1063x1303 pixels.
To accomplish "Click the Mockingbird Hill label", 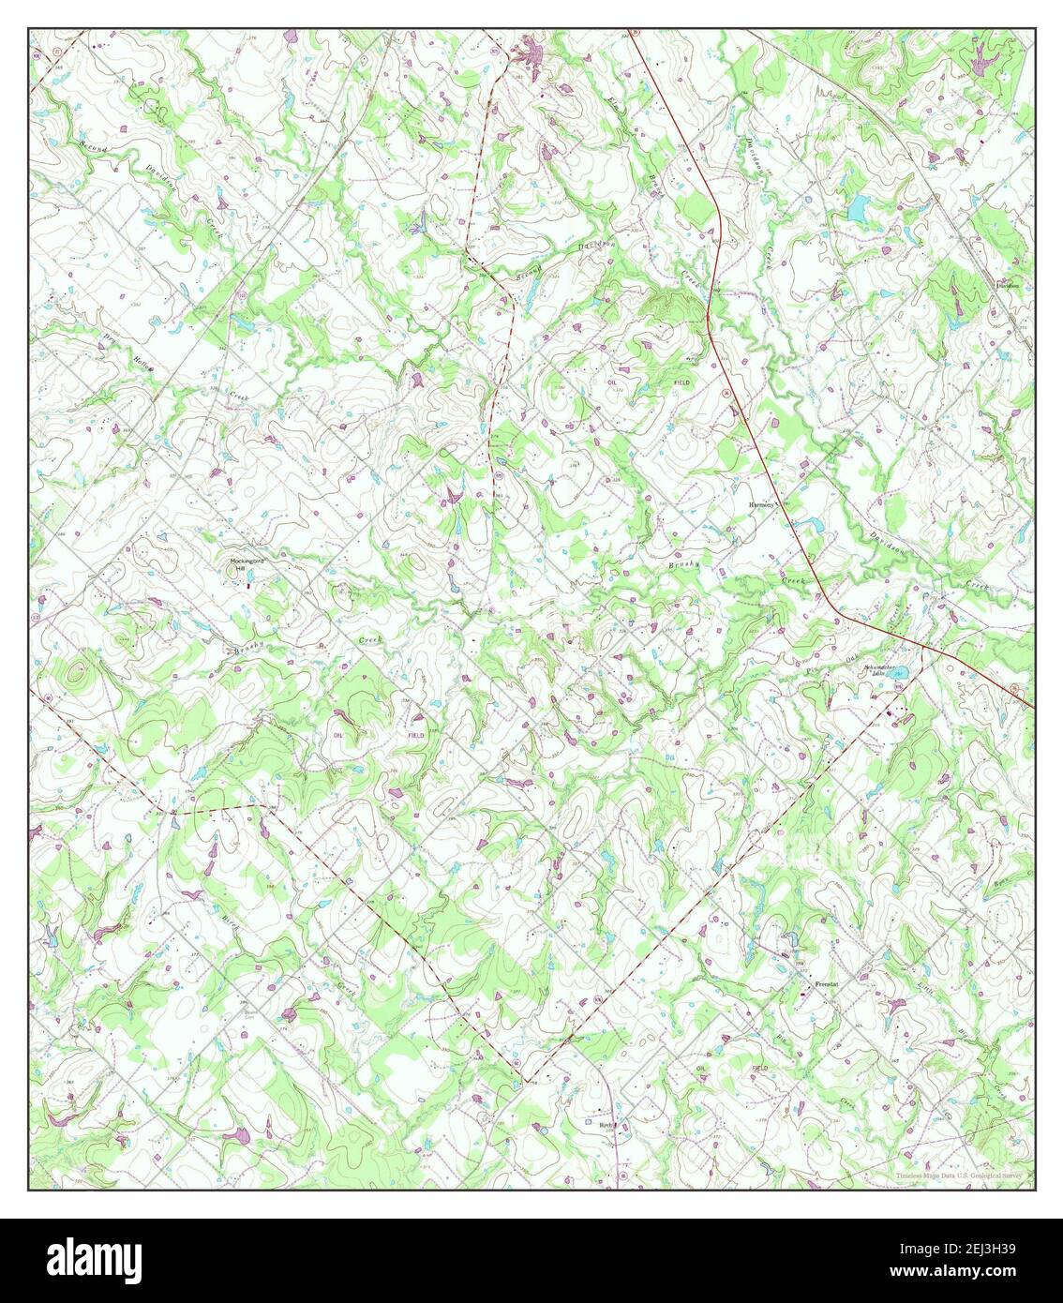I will coord(248,564).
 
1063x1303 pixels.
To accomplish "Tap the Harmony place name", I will coord(761,504).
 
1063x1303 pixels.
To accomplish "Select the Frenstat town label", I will coord(826,984).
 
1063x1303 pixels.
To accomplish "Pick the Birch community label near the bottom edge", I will coord(606,1121).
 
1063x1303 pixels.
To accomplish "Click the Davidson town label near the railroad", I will coord(1008,285).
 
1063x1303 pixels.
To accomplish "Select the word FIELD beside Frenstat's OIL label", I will coord(759,1068).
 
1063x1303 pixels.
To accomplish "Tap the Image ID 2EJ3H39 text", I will coord(966,1249).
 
